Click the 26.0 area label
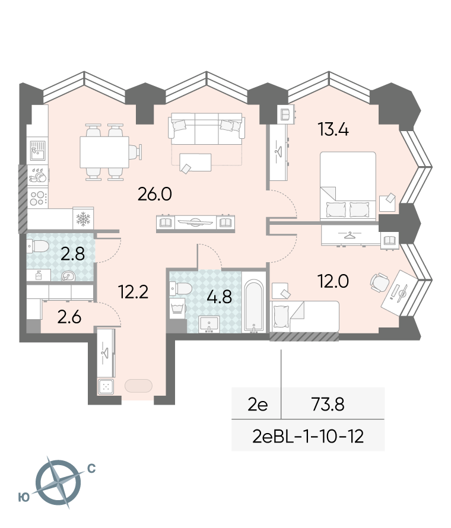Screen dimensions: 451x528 155,194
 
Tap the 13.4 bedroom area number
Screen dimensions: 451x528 334,129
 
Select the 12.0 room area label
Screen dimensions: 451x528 334,281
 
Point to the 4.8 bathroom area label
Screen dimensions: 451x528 220,297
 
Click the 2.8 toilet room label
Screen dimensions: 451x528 72,254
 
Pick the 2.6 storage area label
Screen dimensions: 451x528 69,317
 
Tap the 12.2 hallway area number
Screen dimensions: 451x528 134,292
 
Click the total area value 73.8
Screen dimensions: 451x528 328,405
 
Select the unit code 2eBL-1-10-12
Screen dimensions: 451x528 308,437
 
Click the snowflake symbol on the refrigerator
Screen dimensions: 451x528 83,220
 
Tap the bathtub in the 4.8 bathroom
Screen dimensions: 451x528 253,306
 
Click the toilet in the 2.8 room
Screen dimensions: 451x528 38,246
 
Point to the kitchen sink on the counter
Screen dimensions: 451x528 37,151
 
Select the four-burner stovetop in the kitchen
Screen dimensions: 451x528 37,198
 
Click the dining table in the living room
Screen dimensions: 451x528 104,152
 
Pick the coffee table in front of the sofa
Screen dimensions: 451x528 195,163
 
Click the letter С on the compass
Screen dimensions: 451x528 91,469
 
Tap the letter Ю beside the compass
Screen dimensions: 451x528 24,497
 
